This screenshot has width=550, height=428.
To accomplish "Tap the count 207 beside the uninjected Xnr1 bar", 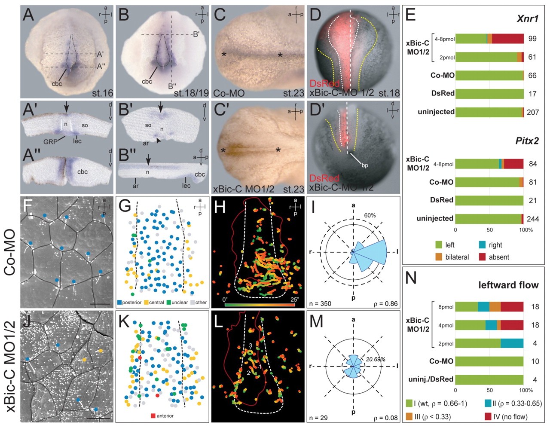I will tap(533, 112).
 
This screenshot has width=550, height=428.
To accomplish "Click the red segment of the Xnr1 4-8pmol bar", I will tap(507, 39).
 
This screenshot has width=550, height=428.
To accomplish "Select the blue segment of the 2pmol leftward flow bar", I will tap(512, 343).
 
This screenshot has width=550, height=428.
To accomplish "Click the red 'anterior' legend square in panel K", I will tap(153, 416).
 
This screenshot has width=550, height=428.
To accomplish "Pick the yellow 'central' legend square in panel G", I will tap(146, 302).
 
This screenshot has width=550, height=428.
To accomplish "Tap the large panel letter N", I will tap(411, 278).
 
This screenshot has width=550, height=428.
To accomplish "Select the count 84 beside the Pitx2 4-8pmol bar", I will tap(533, 164).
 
